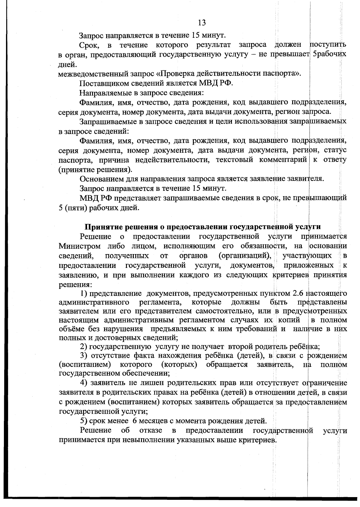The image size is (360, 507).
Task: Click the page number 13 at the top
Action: click(x=202, y=22)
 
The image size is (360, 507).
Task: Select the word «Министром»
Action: click(x=79, y=246)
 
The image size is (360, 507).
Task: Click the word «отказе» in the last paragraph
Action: click(x=151, y=430)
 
